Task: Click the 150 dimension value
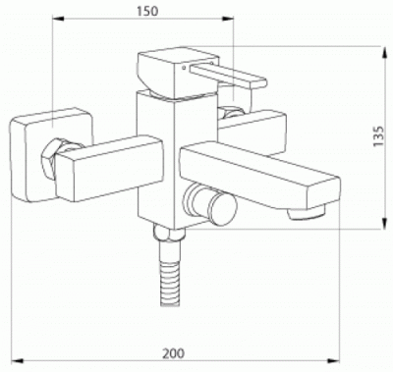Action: coord(147,11)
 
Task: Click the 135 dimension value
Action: coord(378,136)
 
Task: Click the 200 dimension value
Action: coord(174,353)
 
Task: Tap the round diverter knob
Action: coord(210,203)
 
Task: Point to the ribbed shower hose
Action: coord(170,274)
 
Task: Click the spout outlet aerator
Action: coord(306,212)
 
